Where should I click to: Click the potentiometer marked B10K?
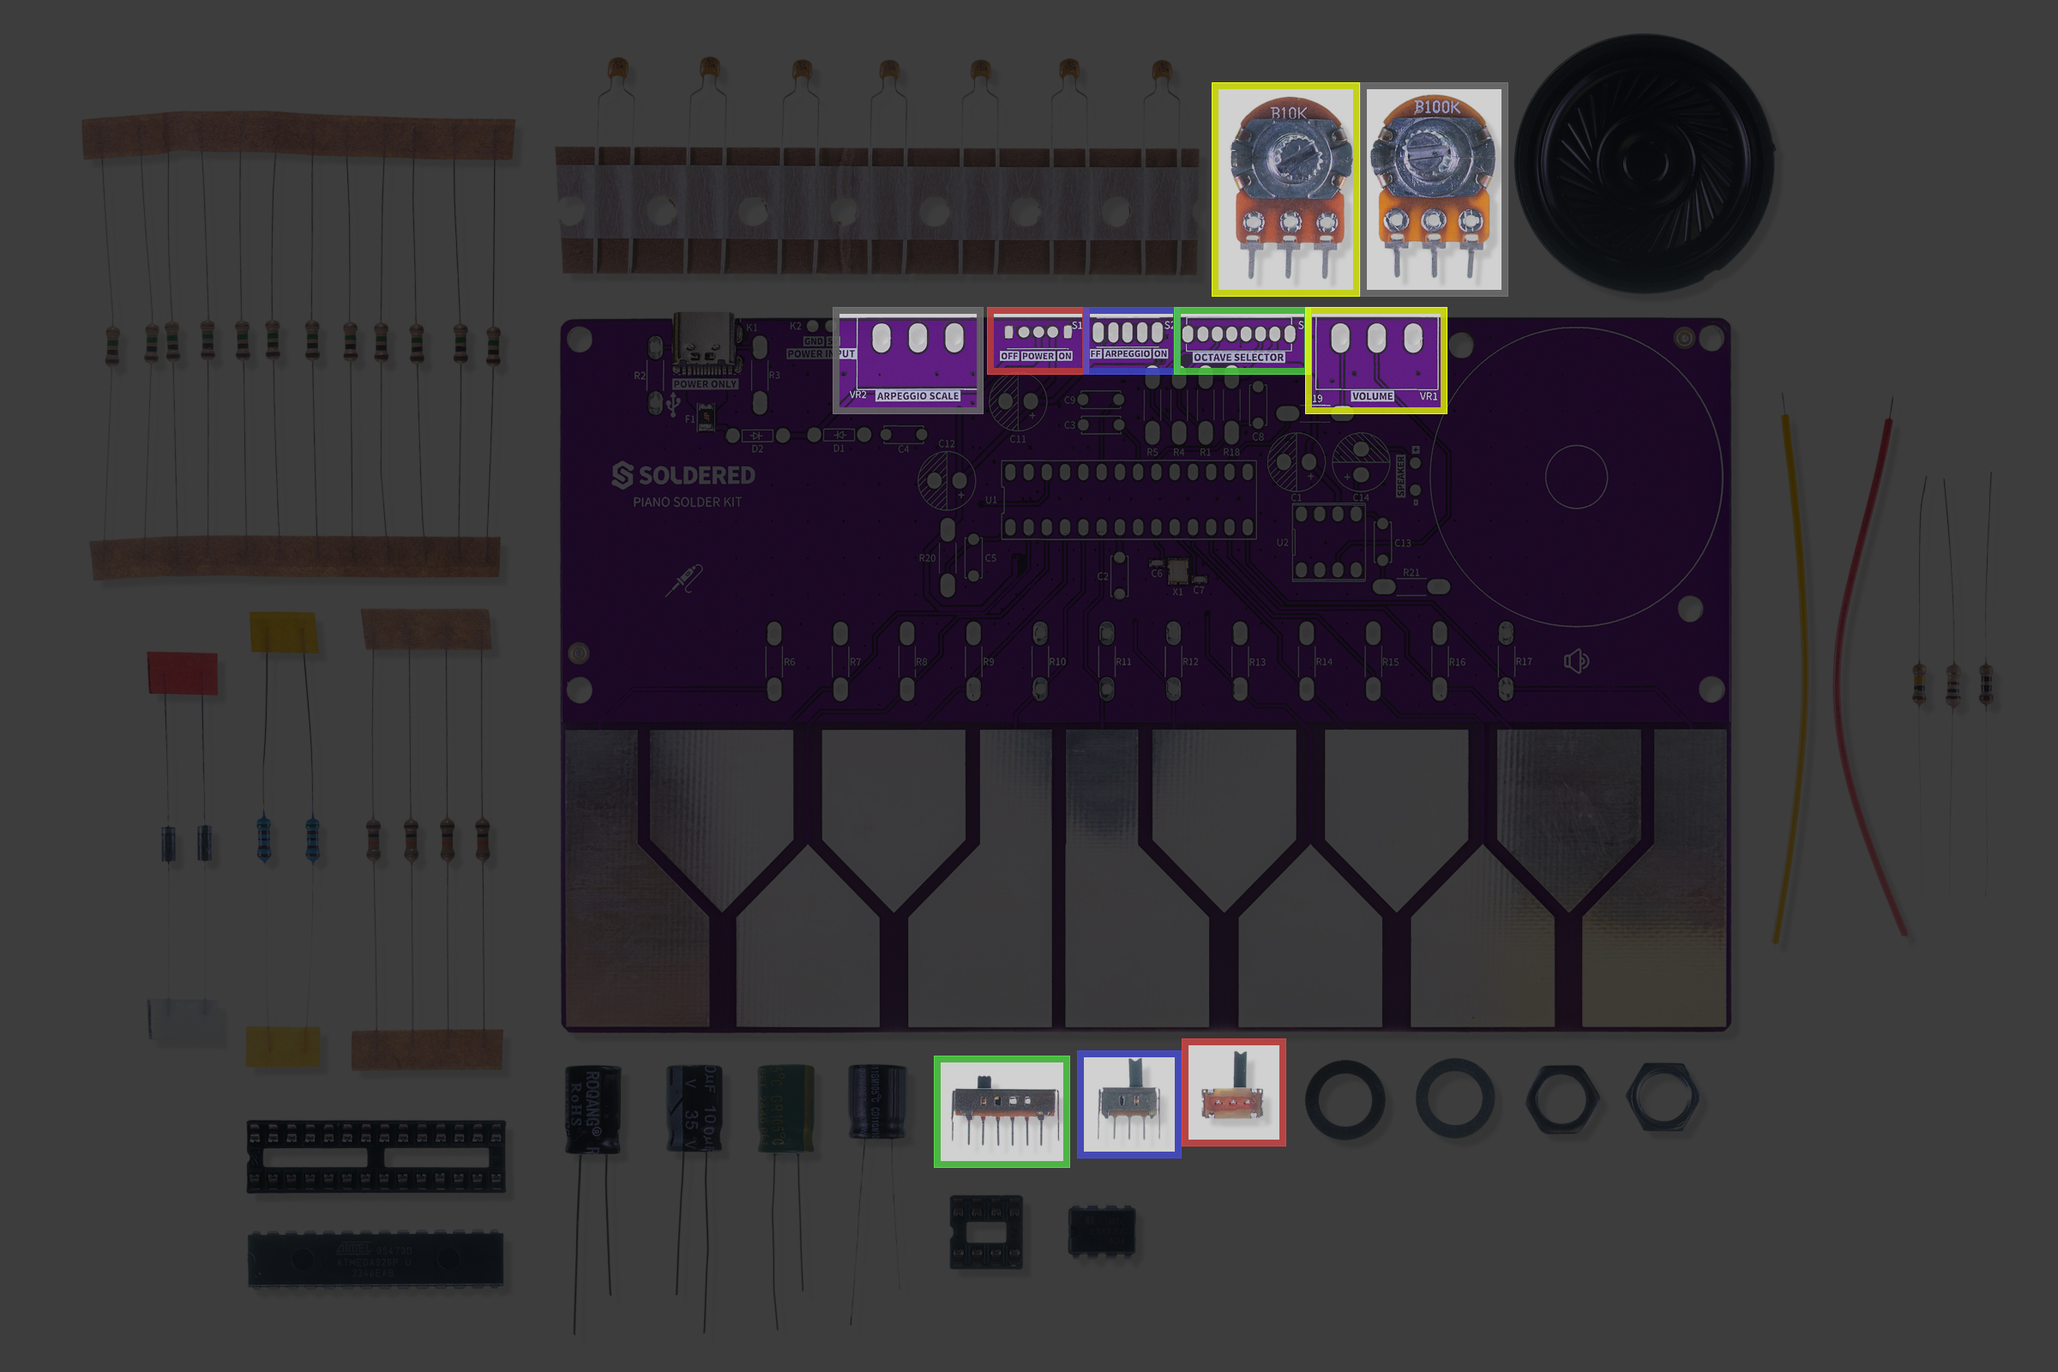1285,188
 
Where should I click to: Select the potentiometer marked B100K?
1434,188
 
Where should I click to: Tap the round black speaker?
1644,163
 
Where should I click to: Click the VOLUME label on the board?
1372,396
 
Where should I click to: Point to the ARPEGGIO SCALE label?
917,396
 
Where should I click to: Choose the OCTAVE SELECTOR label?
1238,357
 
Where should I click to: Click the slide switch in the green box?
1001,1110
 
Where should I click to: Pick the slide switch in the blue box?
1128,1104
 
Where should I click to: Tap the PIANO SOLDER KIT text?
687,502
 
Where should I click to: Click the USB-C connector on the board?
704,346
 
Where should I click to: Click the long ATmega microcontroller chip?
376,1259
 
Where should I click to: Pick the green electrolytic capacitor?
785,1107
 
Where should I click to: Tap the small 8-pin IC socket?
986,1231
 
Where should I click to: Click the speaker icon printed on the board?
1576,660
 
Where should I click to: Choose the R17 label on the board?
1524,662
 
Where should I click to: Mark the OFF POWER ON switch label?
1036,356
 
